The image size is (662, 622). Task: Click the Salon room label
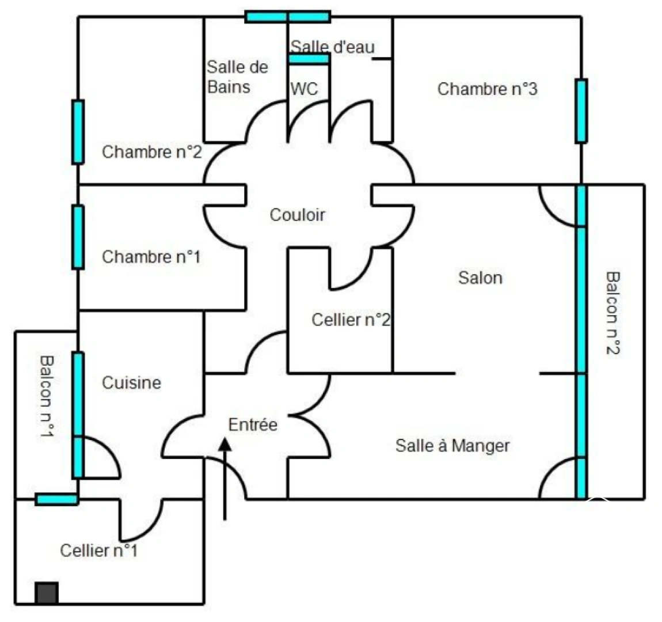tap(480, 278)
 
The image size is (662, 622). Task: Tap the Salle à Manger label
tap(452, 445)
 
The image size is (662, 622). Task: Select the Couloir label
tap(297, 215)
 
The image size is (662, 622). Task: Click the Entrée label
tap(253, 425)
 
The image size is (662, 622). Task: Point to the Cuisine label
tap(131, 383)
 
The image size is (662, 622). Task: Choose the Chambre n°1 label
tap(151, 257)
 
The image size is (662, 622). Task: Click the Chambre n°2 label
tap(152, 152)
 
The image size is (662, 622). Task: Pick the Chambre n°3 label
tap(487, 89)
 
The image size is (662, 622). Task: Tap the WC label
tap(303, 89)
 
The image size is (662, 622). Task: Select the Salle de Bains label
tap(237, 77)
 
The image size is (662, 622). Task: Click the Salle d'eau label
tap(332, 47)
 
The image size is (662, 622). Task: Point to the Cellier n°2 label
tap(351, 320)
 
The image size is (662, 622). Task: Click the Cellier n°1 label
tap(99, 551)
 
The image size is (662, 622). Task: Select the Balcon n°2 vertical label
tap(613, 313)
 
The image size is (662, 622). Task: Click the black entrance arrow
tap(225, 478)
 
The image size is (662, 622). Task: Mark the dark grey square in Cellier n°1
tap(47, 593)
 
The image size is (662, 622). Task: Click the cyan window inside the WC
tap(309, 59)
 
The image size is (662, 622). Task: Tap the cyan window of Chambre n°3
tap(581, 111)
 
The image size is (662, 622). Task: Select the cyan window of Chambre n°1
tap(78, 237)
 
